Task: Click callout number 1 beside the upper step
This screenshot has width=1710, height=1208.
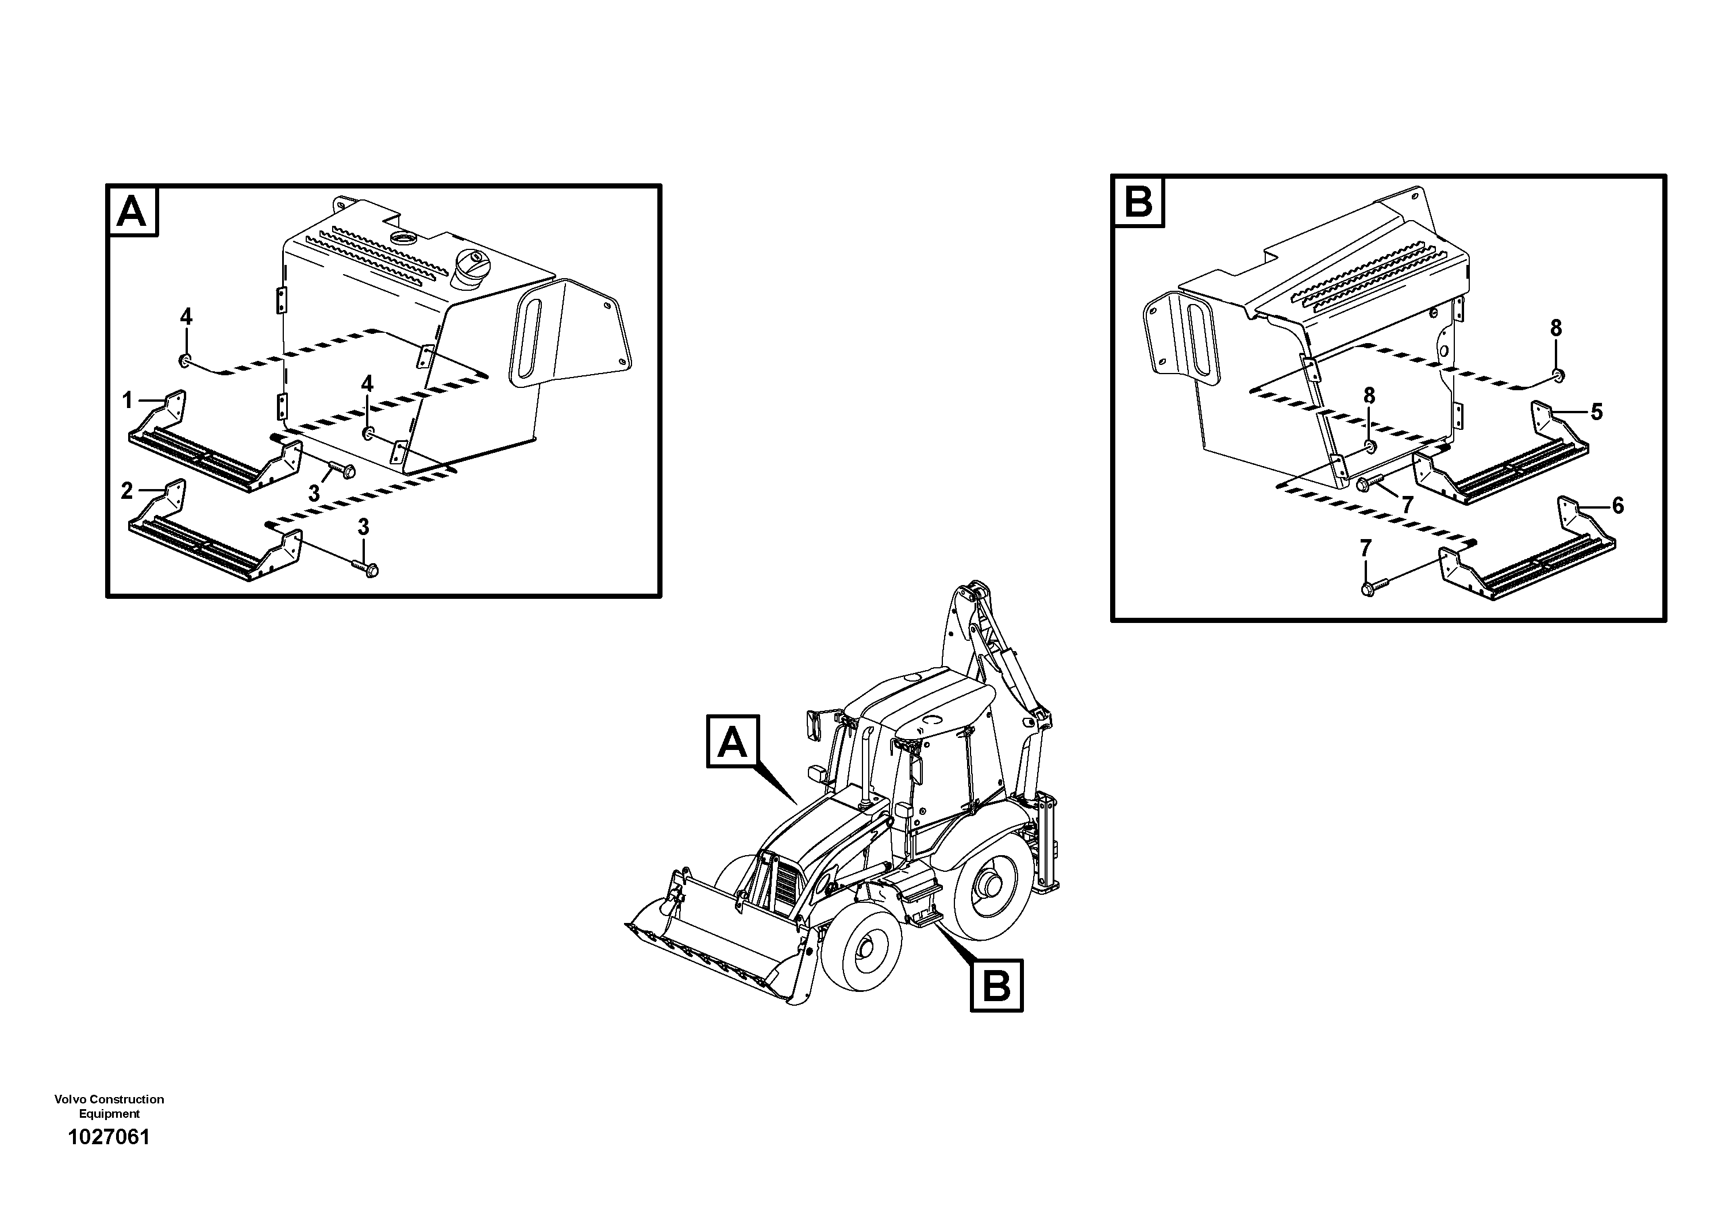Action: (128, 401)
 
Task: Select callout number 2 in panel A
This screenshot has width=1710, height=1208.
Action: (126, 491)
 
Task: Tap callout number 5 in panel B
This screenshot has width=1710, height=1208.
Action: (1596, 412)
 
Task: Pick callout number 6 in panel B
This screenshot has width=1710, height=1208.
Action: (1617, 506)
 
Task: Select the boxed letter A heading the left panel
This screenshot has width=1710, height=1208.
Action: (133, 211)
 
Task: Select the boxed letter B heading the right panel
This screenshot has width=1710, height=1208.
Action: (1138, 202)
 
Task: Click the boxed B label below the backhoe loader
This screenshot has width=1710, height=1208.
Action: (996, 986)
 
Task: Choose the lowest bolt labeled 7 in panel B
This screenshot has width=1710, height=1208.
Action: (1369, 588)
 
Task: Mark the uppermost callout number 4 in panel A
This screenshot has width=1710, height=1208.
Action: (186, 317)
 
